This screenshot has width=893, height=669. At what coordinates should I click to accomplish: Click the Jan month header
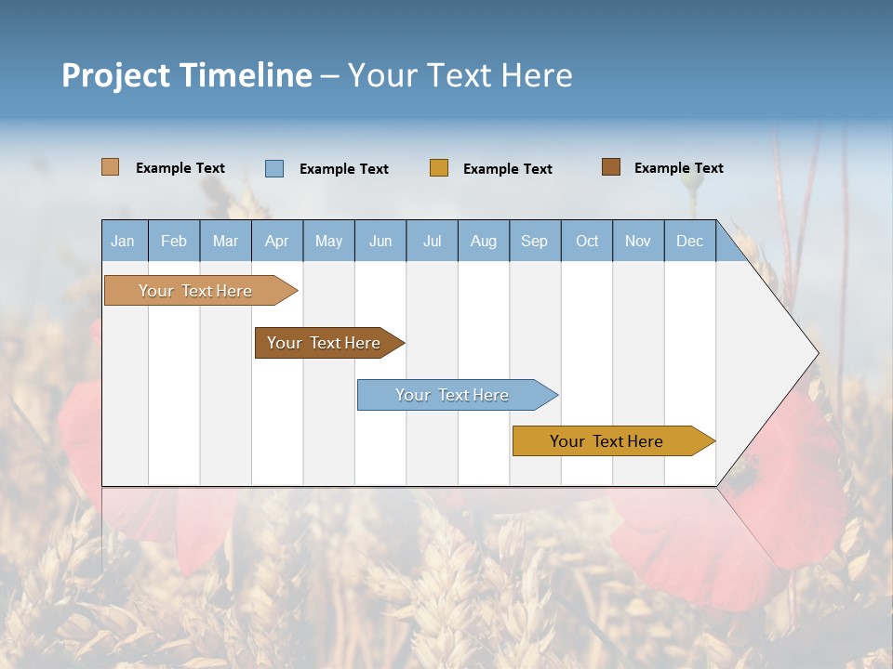pyautogui.click(x=124, y=241)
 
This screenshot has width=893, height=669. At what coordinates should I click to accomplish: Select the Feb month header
pyautogui.click(x=174, y=241)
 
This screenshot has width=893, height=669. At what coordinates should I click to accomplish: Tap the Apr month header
pyautogui.click(x=277, y=241)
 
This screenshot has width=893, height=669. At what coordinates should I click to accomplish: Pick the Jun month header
pyautogui.click(x=380, y=241)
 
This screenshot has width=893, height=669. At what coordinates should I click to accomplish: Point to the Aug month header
pyautogui.click(x=484, y=241)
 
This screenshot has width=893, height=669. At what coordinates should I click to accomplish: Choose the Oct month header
pyautogui.click(x=587, y=241)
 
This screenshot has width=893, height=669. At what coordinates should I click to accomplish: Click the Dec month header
pyautogui.click(x=690, y=241)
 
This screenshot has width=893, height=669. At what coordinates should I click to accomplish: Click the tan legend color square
pyautogui.click(x=110, y=167)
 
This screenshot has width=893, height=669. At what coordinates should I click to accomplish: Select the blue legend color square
pyautogui.click(x=274, y=168)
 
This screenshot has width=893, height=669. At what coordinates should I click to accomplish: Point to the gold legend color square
pyautogui.click(x=439, y=168)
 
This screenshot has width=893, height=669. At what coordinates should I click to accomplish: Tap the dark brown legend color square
pyautogui.click(x=610, y=167)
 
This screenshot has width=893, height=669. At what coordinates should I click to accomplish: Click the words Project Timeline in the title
pyautogui.click(x=187, y=75)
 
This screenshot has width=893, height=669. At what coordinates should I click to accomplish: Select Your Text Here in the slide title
pyautogui.click(x=460, y=75)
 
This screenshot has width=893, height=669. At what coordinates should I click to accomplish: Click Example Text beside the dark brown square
pyautogui.click(x=678, y=168)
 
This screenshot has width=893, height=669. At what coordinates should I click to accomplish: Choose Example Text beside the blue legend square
pyautogui.click(x=343, y=169)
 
